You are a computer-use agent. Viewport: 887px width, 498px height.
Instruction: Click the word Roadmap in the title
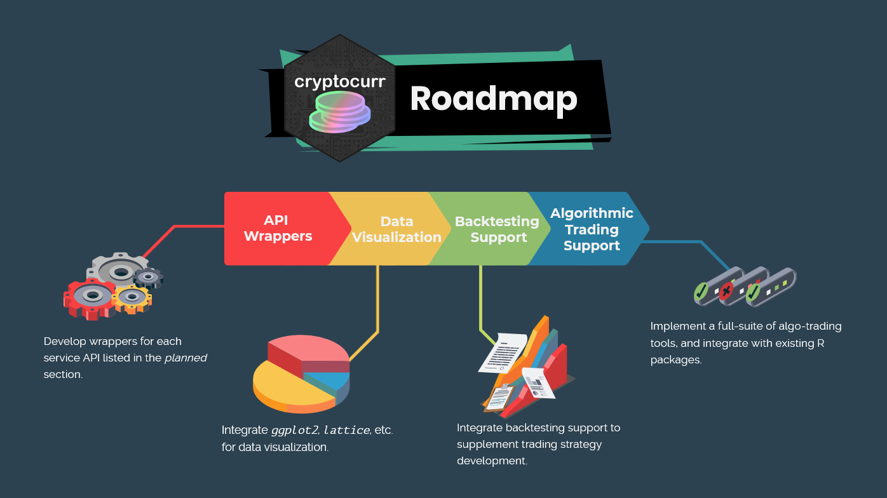[x=494, y=99]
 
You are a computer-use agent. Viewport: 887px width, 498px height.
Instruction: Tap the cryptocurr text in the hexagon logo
[x=340, y=83]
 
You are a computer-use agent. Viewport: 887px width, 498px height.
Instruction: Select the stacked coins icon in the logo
[x=339, y=112]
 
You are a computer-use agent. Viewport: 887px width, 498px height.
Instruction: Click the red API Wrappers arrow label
[x=278, y=228]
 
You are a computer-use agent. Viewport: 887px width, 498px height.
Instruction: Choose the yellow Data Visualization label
[x=396, y=229]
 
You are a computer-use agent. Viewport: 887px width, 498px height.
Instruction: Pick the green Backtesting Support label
[x=497, y=229]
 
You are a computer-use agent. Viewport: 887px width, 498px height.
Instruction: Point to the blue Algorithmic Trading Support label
[x=592, y=229]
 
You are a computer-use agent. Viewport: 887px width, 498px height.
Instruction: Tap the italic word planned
[x=186, y=358]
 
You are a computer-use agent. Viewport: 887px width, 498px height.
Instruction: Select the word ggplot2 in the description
[x=294, y=430]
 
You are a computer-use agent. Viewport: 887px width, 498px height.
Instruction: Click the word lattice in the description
[x=346, y=430]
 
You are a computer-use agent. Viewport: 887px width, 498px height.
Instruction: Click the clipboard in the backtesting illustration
[x=501, y=397]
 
